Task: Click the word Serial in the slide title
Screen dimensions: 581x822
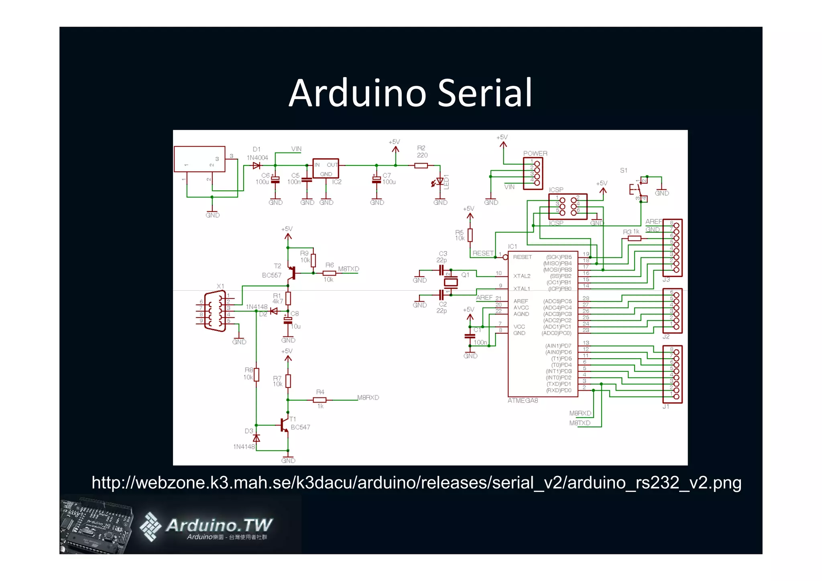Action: tap(484, 93)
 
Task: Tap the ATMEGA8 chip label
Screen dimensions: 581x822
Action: tap(523, 401)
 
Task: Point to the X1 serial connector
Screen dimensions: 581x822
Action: tap(215, 311)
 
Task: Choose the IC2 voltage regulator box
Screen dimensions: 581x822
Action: tap(326, 168)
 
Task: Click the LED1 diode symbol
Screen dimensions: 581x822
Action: tap(440, 181)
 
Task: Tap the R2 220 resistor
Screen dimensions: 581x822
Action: tap(421, 165)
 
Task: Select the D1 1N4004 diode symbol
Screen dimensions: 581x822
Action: tap(256, 165)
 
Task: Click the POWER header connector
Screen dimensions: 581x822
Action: tap(533, 173)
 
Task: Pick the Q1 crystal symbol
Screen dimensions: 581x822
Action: tap(451, 282)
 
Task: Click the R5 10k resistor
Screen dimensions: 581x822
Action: tap(470, 235)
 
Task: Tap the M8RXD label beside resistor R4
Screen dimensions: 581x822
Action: tap(368, 398)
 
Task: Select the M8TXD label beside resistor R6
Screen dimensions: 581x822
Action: tap(348, 269)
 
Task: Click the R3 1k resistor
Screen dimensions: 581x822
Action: tap(634, 239)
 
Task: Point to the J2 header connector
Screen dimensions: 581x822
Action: tap(673, 311)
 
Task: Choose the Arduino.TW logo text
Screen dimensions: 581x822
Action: tap(219, 525)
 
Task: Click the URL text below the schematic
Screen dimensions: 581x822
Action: tap(416, 483)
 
